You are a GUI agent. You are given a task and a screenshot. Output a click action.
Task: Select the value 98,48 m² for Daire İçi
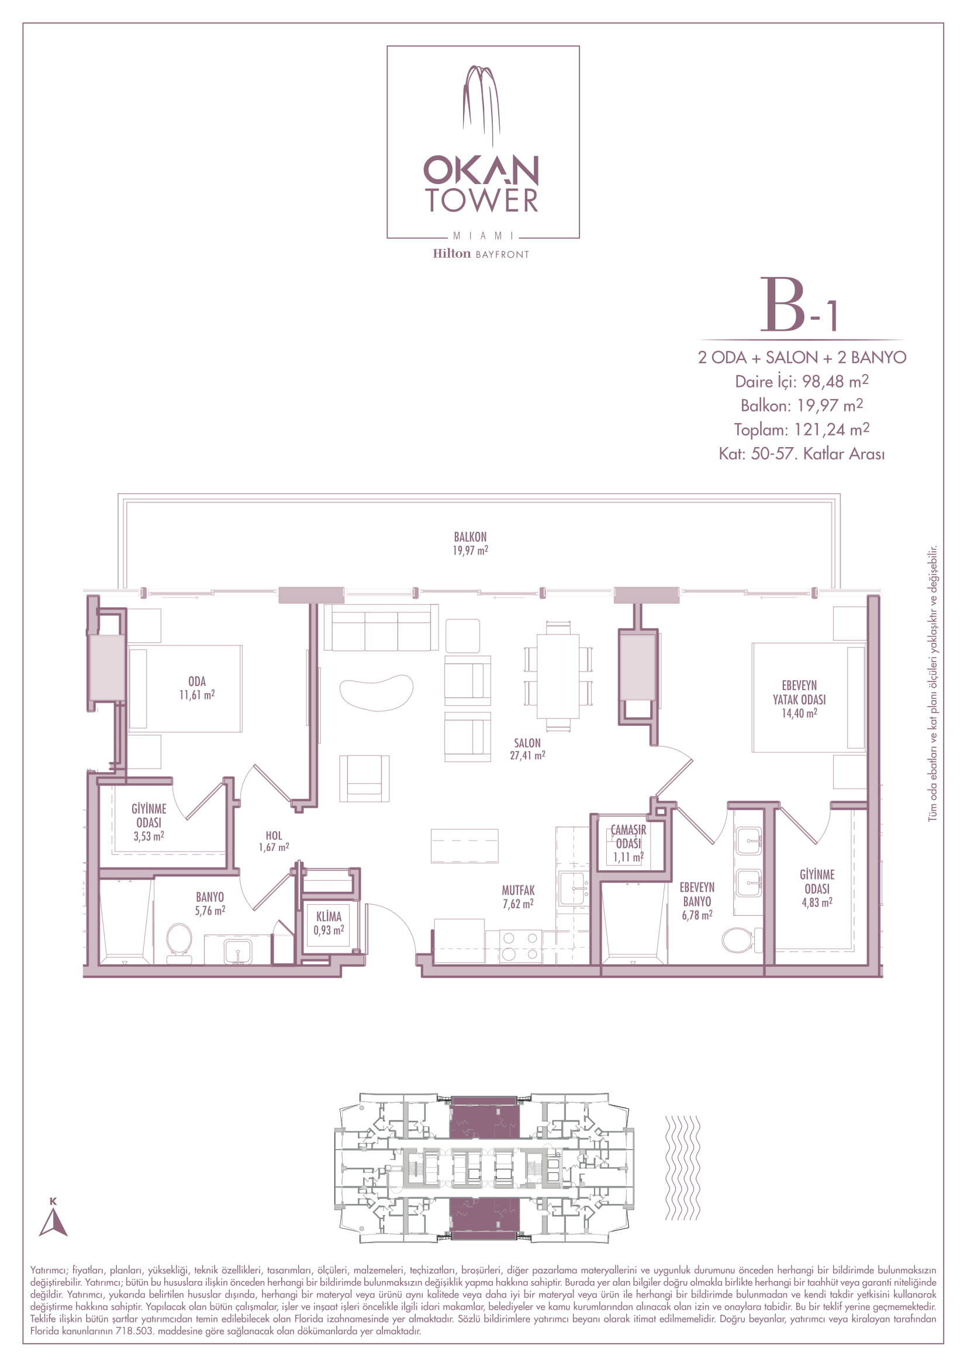[x=835, y=381]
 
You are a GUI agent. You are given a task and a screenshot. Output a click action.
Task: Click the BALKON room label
[x=471, y=537]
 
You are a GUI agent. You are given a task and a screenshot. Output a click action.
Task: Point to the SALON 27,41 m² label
[x=527, y=749]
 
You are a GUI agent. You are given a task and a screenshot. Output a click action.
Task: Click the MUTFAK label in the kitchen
[x=518, y=890]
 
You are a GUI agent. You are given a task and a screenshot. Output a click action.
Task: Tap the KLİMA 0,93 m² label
[x=329, y=923]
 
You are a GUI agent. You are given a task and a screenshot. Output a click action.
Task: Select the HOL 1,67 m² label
[x=274, y=841]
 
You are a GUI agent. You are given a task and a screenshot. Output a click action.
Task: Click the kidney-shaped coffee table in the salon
[x=377, y=693]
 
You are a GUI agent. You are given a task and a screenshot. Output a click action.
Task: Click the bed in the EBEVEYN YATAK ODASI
[x=809, y=697]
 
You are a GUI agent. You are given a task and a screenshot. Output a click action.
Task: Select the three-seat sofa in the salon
[x=381, y=628]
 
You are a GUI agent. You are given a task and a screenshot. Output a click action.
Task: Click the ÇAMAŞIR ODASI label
[x=628, y=836]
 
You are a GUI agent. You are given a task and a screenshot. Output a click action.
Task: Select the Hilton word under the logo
[x=451, y=254]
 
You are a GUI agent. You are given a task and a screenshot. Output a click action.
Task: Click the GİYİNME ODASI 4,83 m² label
[x=817, y=888]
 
